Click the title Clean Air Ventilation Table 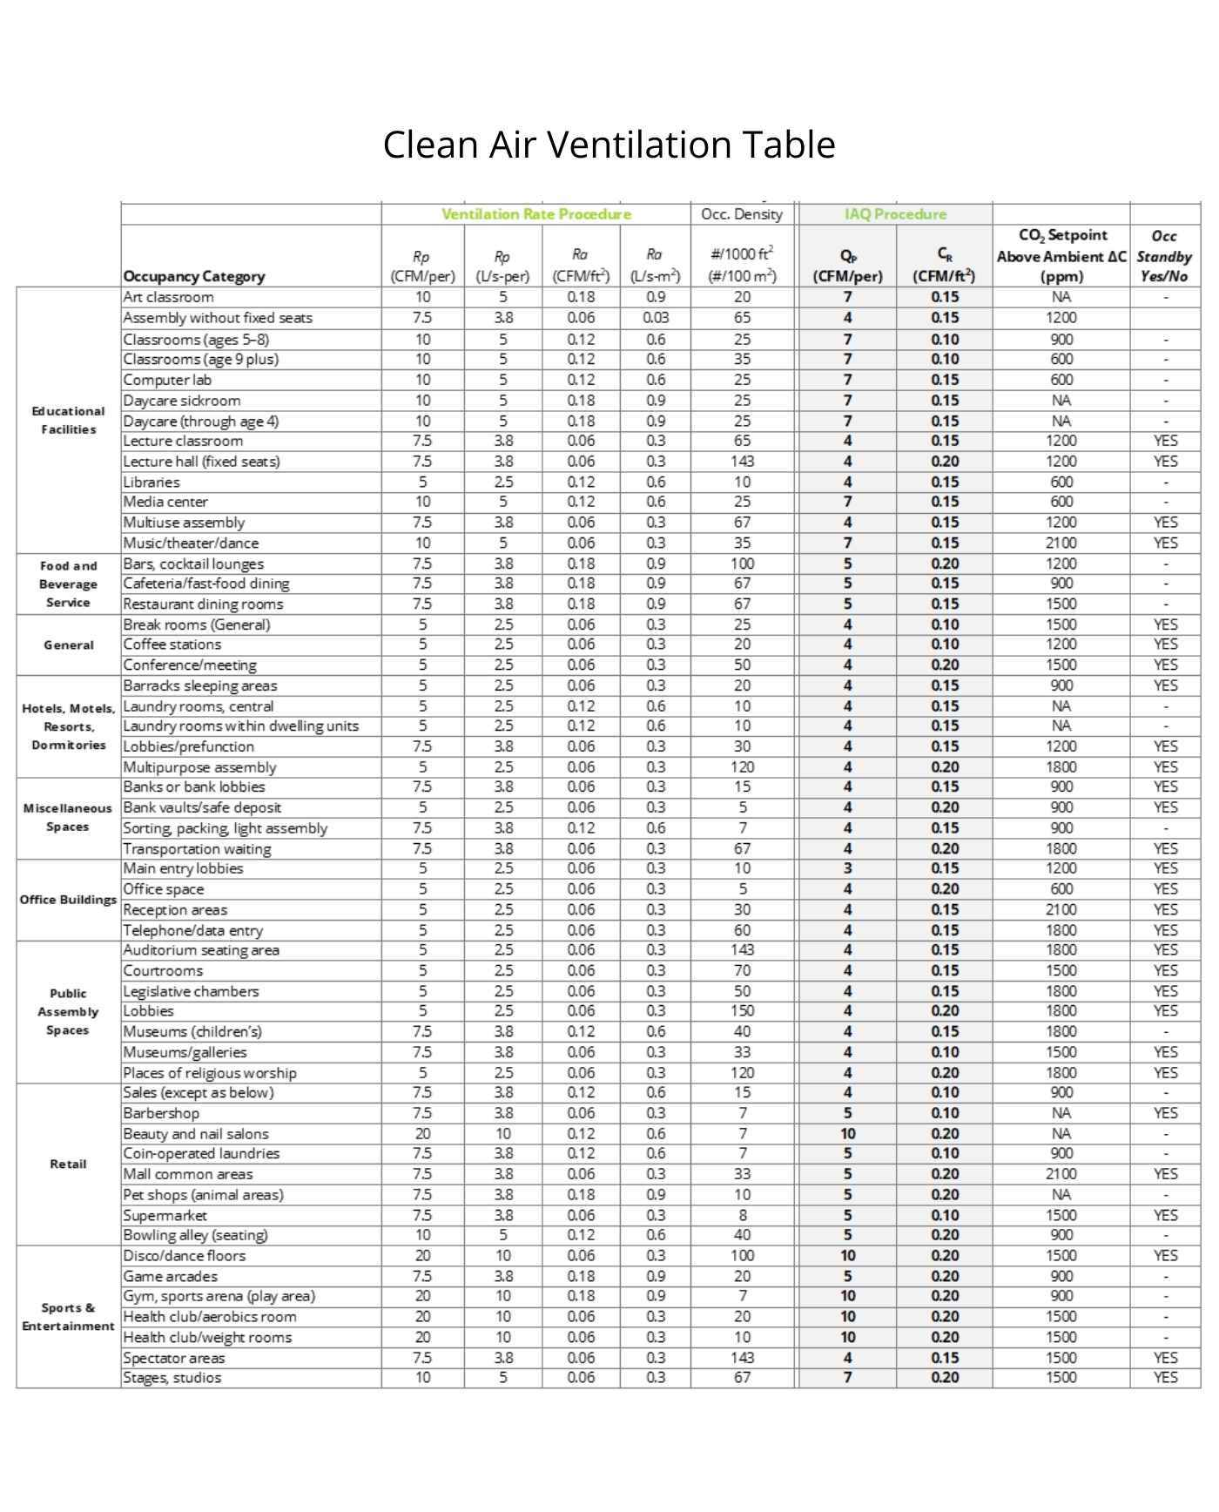coord(609,145)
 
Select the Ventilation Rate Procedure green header coord(535,214)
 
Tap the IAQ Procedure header coord(895,214)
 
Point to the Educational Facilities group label coord(68,420)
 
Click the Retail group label coord(68,1164)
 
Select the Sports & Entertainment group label coord(68,1317)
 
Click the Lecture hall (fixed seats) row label coord(201,462)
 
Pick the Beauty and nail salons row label coord(195,1134)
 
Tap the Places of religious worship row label coord(209,1073)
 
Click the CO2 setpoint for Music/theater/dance coord(1061,543)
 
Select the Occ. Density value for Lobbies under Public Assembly coord(742,1011)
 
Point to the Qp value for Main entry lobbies coord(847,868)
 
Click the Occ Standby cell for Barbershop coord(1164,1113)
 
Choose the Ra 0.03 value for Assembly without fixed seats coord(655,318)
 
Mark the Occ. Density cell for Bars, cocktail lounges coord(742,564)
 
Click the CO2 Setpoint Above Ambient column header coord(1061,256)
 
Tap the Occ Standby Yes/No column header coord(1164,256)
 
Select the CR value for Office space coord(944,889)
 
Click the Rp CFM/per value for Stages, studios coord(422,1378)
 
